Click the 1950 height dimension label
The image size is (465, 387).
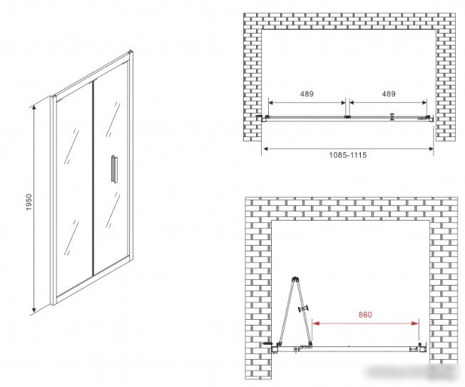click(29, 202)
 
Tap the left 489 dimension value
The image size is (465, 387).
click(307, 94)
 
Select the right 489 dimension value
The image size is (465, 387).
click(389, 94)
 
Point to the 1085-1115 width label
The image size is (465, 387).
click(348, 155)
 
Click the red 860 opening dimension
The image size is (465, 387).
click(365, 315)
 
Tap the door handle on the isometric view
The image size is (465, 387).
click(113, 169)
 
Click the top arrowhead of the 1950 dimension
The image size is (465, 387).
click(34, 108)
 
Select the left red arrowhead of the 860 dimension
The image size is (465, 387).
click(316, 323)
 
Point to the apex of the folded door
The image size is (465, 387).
click(295, 278)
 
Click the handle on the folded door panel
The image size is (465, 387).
click(303, 309)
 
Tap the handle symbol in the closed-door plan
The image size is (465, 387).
click(392, 117)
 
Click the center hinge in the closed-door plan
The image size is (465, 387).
click(347, 117)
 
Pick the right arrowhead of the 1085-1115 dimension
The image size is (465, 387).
click(430, 149)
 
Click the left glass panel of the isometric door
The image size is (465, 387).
click(73, 190)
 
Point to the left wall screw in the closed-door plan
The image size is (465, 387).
click(259, 116)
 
